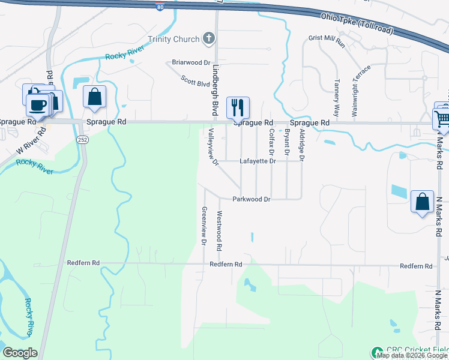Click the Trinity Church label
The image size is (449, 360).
pos(178,39)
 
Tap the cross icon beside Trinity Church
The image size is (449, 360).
pos(209,39)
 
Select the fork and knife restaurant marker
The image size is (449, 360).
pos(238,108)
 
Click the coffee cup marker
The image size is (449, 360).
pos(37,105)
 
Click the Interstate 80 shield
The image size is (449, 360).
pos(159,7)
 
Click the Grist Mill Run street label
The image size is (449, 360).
pos(326,41)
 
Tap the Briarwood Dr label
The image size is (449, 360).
pos(191,62)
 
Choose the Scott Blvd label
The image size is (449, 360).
pos(194,81)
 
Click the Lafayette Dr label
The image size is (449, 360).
pos(258,161)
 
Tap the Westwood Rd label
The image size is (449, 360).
pos(220,230)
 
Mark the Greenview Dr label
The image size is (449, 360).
pos(204,227)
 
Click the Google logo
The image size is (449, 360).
pos(20,353)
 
